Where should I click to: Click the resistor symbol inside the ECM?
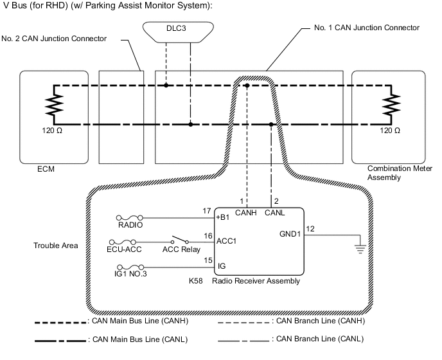tap(54, 105)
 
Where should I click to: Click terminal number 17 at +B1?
tap(206, 211)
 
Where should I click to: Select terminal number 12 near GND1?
tap(310, 228)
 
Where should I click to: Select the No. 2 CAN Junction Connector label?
tap(53, 39)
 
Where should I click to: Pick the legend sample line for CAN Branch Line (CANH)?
tap(244, 319)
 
